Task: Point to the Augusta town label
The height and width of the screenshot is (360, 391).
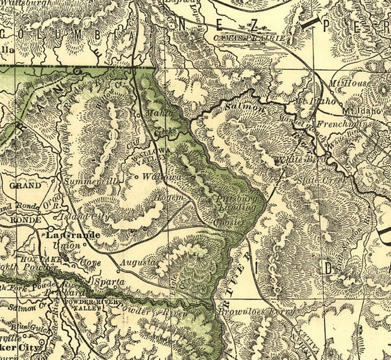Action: [x=138, y=261]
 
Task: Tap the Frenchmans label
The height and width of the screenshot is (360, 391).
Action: [x=337, y=124]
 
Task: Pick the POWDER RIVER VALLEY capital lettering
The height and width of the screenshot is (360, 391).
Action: [x=86, y=305]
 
